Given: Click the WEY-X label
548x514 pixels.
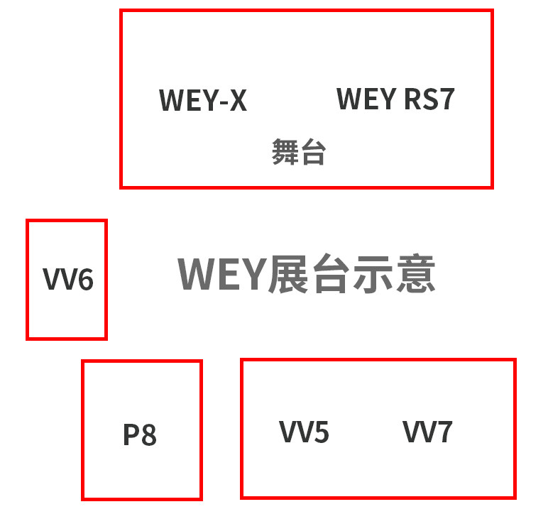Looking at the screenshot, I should click(203, 100).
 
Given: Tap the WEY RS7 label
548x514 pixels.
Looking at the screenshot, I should click(395, 99).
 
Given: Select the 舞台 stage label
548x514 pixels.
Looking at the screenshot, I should click(298, 152).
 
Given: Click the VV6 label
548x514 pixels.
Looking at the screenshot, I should click(68, 280).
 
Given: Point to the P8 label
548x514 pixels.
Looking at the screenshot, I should click(140, 434).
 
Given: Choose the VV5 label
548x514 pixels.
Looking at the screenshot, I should click(304, 432).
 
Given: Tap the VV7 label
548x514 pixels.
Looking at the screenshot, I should click(427, 432).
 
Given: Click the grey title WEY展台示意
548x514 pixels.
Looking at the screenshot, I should click(306, 274).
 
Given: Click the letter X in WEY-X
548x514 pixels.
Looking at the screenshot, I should click(237, 101).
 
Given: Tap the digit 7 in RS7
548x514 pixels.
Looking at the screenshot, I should click(444, 99).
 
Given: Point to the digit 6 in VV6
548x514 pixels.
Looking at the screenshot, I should click(84, 280).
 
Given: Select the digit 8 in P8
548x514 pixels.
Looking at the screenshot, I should click(148, 434).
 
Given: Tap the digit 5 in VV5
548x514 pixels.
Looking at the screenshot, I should click(321, 432).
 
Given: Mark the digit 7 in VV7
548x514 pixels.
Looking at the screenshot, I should click(444, 432).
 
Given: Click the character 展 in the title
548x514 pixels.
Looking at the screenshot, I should click(288, 274).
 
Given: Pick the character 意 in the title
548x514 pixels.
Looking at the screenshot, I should click(414, 274).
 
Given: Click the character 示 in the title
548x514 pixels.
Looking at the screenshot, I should click(372, 274).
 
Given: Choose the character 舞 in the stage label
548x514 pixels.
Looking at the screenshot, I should click(285, 152).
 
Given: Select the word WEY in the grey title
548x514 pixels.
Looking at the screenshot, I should click(221, 274).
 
